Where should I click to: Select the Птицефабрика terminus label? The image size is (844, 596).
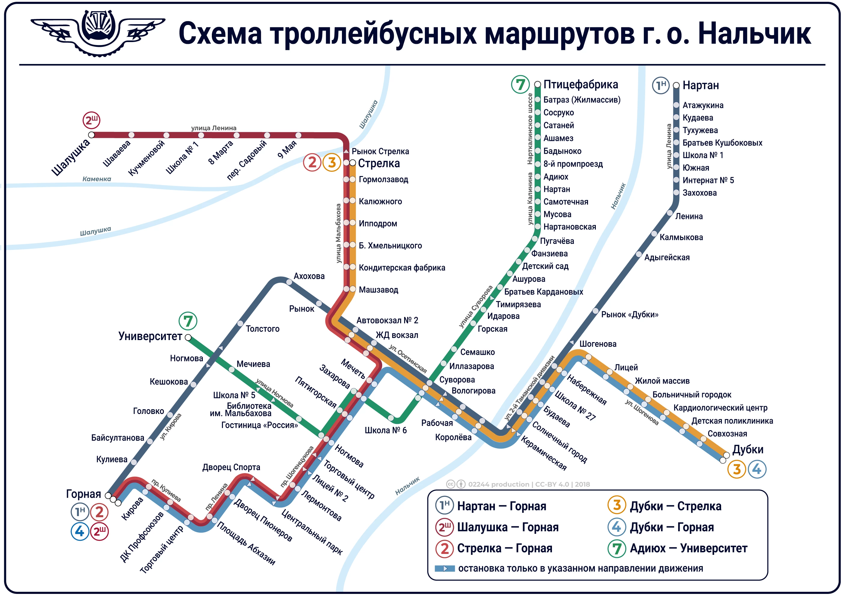tap(580, 84)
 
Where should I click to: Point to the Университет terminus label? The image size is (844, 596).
tap(150, 336)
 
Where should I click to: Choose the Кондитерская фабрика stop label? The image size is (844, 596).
tap(401, 267)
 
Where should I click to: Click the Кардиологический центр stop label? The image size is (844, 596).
tap(720, 408)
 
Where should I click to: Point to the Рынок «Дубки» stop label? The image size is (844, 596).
tap(629, 315)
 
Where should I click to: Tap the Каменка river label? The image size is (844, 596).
tap(96, 179)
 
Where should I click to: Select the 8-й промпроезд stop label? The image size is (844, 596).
tap(573, 164)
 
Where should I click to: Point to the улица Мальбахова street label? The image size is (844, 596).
tap(338, 234)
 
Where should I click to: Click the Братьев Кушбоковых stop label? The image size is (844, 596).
tap(722, 143)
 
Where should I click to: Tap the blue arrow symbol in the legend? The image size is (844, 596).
tap(445, 568)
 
